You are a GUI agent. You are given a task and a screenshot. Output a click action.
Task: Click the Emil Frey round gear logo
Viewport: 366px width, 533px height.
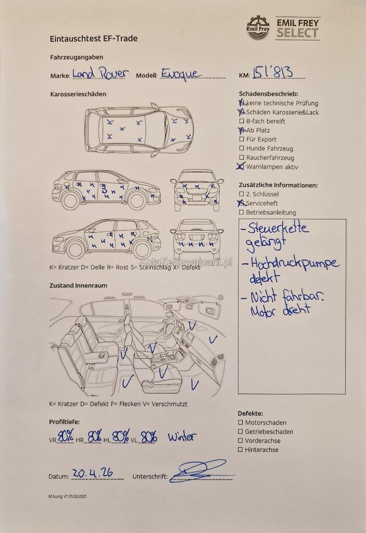[x=258, y=28]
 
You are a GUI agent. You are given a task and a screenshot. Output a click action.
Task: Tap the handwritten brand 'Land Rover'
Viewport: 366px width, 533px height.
[x=100, y=73]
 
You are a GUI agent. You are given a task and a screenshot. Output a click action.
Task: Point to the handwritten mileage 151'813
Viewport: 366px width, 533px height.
[x=272, y=72]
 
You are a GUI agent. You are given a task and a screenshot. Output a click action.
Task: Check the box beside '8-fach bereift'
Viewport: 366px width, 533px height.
[x=241, y=121]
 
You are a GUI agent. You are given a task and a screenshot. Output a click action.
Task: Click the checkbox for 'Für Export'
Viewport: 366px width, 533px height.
[x=241, y=139]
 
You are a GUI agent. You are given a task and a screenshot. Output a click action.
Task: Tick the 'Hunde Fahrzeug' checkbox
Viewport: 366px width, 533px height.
[x=241, y=148]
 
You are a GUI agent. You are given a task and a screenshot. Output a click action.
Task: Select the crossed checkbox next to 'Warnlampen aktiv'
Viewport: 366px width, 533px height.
[x=241, y=166]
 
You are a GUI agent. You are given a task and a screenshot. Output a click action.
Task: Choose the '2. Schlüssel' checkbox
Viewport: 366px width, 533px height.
[x=241, y=194]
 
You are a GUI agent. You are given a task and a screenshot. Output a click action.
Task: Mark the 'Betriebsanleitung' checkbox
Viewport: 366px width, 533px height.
[x=241, y=212]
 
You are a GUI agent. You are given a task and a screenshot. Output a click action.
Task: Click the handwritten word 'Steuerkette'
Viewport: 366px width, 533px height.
[x=278, y=227]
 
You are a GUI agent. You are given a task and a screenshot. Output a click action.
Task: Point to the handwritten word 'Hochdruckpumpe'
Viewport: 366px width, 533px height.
[x=295, y=264]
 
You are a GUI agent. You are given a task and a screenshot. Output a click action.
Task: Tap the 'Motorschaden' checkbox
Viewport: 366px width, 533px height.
[x=240, y=423]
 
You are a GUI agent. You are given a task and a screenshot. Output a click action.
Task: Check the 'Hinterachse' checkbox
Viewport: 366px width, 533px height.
[x=240, y=449]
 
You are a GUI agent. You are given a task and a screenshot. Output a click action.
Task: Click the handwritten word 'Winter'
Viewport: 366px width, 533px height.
[x=182, y=437]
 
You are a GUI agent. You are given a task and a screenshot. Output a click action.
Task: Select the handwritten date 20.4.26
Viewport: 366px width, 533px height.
[x=93, y=473]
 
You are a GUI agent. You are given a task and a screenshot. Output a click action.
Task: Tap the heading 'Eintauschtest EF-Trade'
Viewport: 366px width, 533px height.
[x=94, y=39]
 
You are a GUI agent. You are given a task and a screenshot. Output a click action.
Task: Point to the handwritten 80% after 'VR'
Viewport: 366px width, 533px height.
[x=66, y=436]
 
